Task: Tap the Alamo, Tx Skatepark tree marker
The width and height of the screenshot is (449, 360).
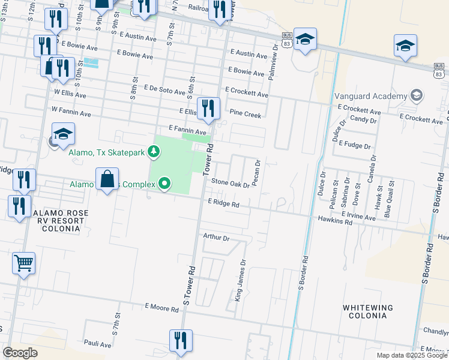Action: (154, 152)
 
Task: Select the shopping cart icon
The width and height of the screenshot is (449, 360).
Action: (23, 262)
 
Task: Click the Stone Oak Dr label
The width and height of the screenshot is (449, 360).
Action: (230, 184)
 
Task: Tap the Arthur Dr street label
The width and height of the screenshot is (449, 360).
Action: (216, 238)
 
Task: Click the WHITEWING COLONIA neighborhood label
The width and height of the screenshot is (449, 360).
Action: (368, 311)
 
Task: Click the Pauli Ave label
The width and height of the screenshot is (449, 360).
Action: (97, 344)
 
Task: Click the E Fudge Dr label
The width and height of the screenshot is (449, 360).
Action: (355, 145)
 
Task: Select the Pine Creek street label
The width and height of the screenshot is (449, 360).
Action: (246, 113)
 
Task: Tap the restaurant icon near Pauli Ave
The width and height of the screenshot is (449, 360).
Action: (181, 340)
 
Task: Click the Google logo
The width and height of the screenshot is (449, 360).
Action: (20, 353)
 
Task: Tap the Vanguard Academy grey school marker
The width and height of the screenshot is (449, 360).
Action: (415, 95)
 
